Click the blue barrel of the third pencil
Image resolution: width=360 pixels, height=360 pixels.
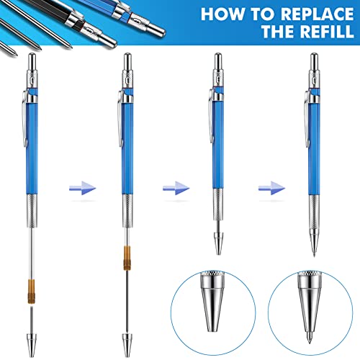(x=219, y=144)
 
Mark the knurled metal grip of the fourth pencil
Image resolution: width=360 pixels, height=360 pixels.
(x=315, y=210)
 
